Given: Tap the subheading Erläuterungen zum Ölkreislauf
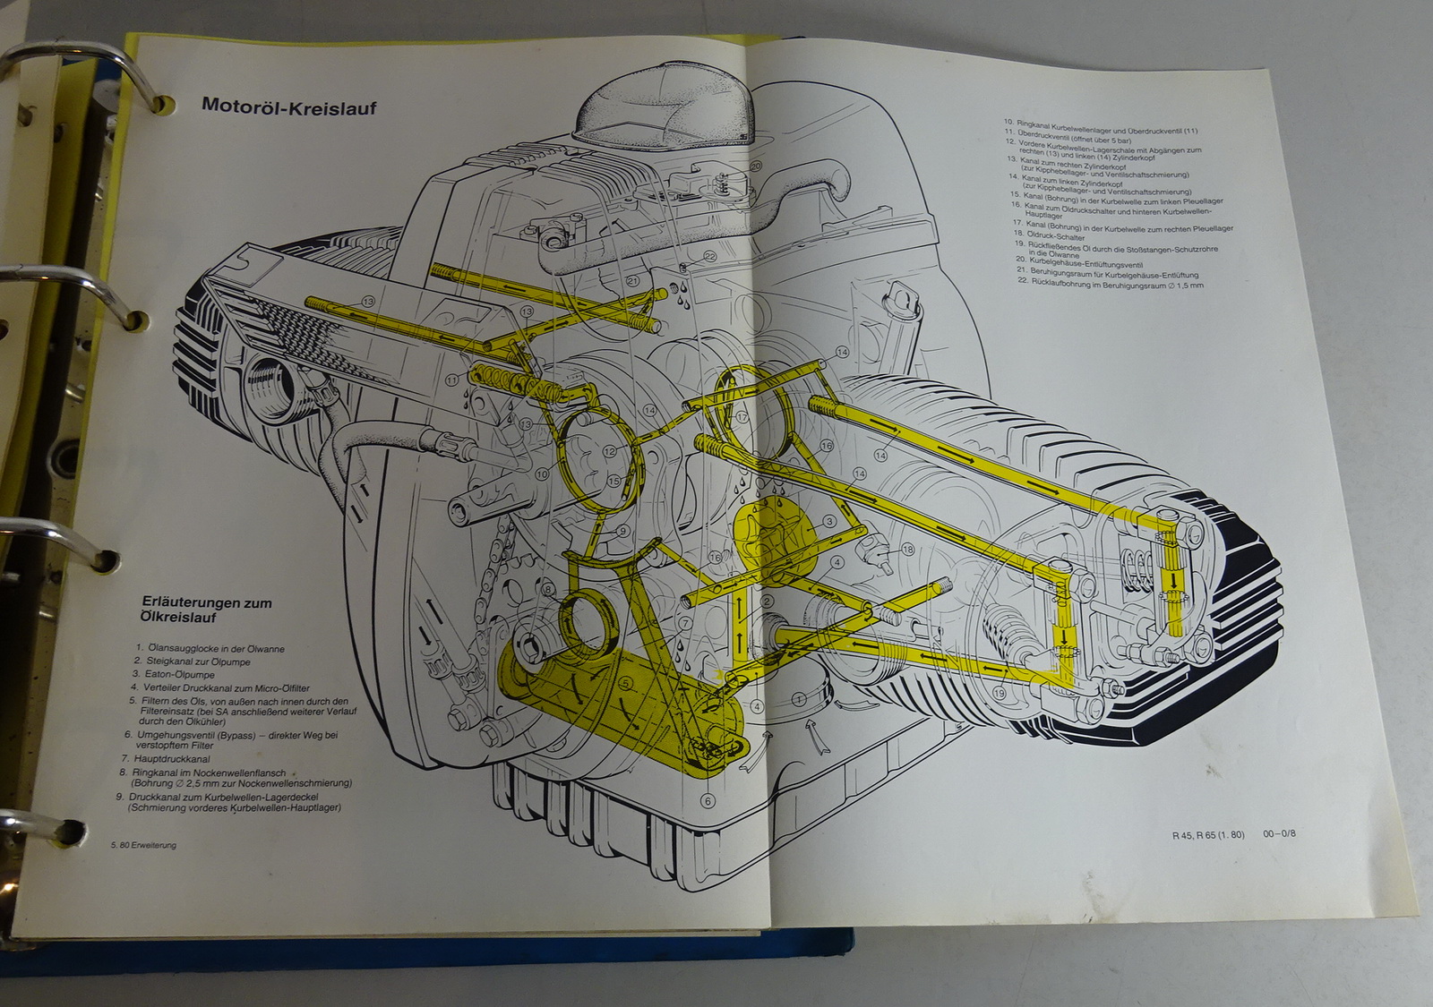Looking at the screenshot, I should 207,610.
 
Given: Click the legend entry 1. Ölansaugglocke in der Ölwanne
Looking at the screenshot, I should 210,649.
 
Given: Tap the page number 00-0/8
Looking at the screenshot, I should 1279,834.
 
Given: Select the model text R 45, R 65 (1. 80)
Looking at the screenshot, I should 1208,835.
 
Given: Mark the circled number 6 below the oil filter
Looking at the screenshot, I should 708,802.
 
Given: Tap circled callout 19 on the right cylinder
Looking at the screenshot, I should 999,692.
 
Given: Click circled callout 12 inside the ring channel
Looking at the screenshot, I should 609,451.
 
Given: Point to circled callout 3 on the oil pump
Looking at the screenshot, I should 830,521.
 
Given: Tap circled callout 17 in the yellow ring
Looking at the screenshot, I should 742,418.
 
